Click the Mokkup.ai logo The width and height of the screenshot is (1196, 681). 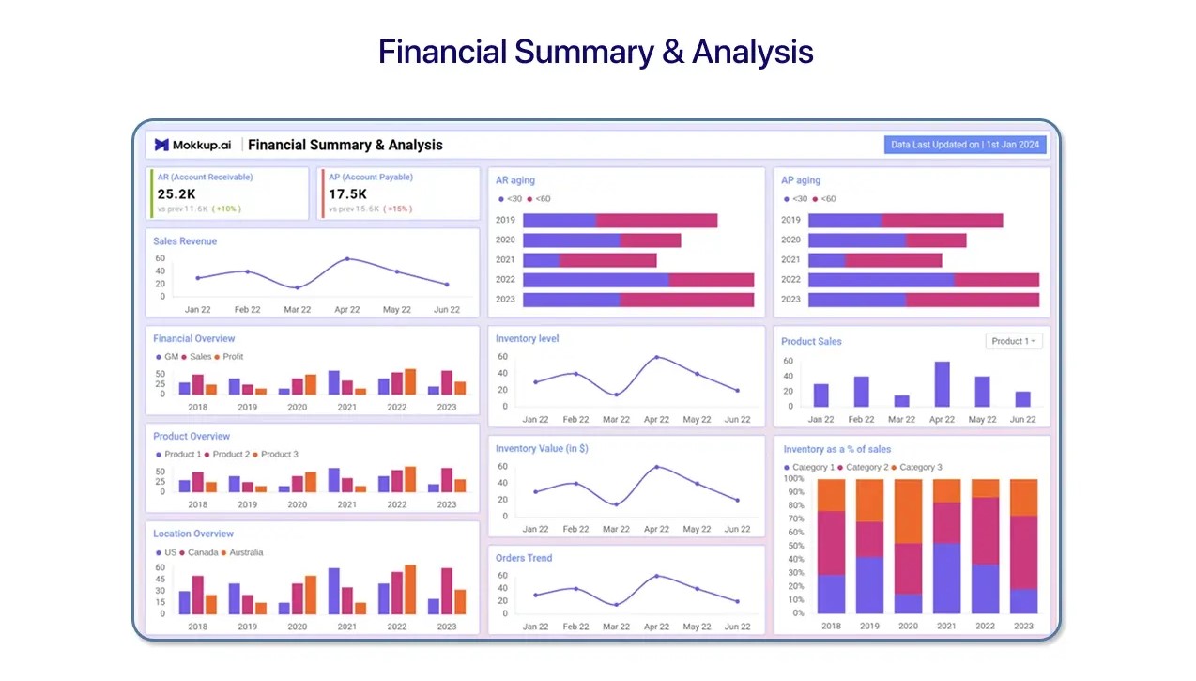coord(192,145)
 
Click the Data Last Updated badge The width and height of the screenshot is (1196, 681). coord(965,145)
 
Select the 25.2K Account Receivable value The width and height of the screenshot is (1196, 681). coord(176,193)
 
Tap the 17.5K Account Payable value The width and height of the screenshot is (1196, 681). coord(347,193)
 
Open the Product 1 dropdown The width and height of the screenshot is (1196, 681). coord(1014,341)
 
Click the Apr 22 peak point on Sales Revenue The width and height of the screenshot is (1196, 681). coord(347,258)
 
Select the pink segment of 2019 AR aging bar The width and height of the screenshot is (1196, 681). coord(656,220)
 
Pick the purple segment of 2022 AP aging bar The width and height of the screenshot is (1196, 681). coord(881,280)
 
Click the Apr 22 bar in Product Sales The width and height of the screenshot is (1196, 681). coord(942,383)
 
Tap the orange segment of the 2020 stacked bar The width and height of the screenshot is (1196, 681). coord(908,511)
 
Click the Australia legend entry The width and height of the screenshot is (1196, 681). coord(247,552)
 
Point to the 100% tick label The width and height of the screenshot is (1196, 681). coord(793,478)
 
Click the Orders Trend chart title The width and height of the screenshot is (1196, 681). coord(524,558)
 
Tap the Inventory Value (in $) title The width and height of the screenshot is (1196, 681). coord(542,449)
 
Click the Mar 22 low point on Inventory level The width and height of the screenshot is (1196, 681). coord(616,395)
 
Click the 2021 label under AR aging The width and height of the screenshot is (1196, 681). coord(505,260)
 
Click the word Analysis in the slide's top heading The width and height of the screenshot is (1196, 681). coord(752,52)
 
